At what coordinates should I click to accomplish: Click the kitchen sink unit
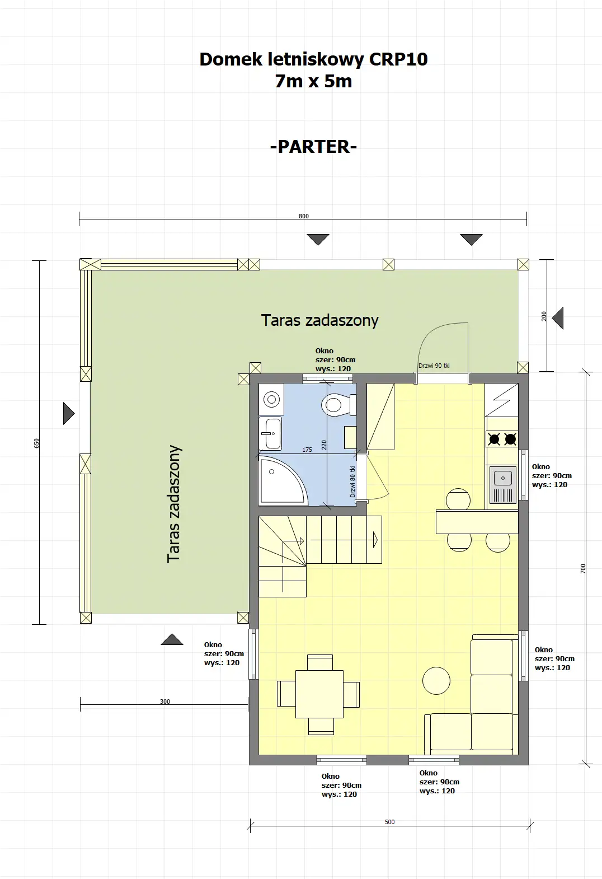(x=502, y=485)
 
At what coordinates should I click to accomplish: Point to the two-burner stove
(x=502, y=439)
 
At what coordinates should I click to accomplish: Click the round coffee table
(x=436, y=680)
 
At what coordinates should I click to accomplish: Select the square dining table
(x=319, y=694)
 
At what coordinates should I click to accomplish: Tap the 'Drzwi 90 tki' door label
(x=434, y=366)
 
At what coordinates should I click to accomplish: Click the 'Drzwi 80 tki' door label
(x=352, y=481)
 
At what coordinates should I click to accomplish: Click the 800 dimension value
(x=303, y=216)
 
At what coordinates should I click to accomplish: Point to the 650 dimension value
(x=37, y=443)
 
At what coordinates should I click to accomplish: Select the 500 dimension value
(x=389, y=822)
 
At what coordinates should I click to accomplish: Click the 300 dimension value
(x=164, y=702)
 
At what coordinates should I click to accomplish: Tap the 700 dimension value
(x=583, y=568)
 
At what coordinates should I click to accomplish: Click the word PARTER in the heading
(x=313, y=147)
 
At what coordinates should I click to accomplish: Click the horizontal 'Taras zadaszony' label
(x=319, y=320)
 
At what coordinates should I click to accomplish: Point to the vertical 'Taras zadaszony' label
(x=174, y=504)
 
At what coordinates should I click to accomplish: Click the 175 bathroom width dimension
(x=307, y=450)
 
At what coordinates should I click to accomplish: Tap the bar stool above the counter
(x=458, y=499)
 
